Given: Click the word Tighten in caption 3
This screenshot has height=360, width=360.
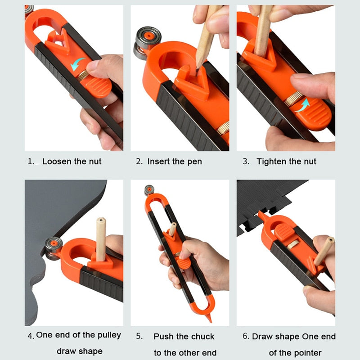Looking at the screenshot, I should tap(272, 162).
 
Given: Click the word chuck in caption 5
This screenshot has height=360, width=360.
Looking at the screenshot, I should tap(202, 337).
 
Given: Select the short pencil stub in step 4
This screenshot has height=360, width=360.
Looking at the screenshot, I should tap(100, 238).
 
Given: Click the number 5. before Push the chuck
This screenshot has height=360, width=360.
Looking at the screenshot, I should tap(140, 337).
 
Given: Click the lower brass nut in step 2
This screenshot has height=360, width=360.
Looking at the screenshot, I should tap(223, 129).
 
